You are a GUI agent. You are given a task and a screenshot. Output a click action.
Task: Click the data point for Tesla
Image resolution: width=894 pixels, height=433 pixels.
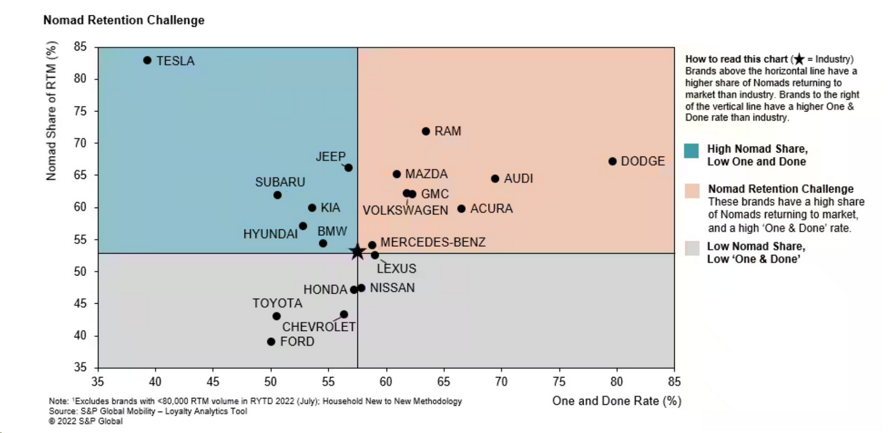coord(147,60)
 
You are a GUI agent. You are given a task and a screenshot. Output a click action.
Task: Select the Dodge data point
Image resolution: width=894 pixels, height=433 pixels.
coord(612,161)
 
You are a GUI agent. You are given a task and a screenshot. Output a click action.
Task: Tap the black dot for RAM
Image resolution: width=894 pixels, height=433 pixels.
coord(426,131)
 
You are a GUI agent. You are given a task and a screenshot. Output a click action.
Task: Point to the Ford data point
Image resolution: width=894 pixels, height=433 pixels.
coord(271,342)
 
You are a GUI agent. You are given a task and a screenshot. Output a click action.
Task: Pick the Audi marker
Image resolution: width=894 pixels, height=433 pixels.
coord(495,179)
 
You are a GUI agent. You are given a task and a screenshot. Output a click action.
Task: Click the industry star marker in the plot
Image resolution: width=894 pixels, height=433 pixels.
coord(357,252)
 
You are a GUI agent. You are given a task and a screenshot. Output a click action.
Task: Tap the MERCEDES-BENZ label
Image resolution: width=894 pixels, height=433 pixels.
coord(433,242)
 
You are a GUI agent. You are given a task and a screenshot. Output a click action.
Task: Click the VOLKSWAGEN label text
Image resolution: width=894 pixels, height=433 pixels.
coord(405,210)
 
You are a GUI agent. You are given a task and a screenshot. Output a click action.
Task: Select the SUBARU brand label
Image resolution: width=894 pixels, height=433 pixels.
coord(280,182)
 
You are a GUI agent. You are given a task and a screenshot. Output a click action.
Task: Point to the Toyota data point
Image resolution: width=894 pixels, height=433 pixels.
coord(276,316)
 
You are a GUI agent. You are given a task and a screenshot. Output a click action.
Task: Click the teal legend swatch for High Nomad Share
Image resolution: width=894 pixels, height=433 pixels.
coord(691,151)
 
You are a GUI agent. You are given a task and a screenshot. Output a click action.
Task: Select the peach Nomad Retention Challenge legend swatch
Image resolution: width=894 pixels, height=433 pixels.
coord(692,191)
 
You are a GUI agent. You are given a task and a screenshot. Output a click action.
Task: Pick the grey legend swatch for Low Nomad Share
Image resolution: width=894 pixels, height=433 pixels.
coord(692,248)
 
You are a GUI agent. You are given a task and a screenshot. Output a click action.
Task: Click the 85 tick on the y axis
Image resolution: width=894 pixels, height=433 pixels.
coord(80,47)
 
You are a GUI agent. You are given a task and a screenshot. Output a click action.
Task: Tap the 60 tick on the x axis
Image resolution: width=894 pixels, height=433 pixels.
coord(386,382)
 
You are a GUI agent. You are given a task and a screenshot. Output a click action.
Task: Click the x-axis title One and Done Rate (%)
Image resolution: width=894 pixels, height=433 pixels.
coord(616,401)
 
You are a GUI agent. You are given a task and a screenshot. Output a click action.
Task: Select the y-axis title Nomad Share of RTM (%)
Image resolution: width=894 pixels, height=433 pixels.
coord(51,111)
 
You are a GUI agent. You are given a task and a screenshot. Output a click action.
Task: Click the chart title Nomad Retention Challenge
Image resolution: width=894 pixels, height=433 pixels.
coord(124,20)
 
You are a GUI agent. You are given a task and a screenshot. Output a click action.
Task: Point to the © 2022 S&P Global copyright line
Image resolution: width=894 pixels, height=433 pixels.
coord(86,421)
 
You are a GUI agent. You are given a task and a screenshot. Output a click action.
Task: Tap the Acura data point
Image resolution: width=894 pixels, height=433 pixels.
coord(461,209)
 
